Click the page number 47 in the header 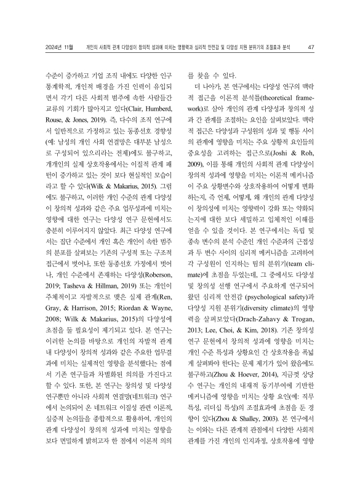311,47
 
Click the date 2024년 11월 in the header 60,47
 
